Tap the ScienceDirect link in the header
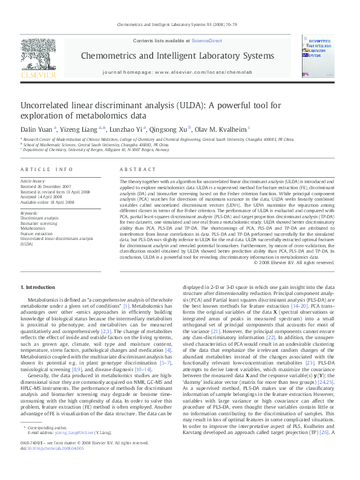(206, 40)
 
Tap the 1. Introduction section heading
(38, 287)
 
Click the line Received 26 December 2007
(46, 186)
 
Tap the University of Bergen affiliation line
(97, 150)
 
